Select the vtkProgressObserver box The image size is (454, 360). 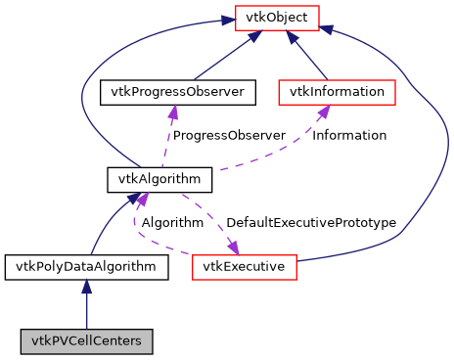177,92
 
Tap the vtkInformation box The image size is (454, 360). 337,92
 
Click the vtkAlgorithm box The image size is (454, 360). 145,179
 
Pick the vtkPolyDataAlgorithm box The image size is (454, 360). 86,266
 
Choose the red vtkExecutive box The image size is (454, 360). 243,266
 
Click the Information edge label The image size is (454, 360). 348,135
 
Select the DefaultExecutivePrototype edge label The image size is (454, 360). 310,222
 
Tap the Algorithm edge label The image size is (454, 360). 172,222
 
